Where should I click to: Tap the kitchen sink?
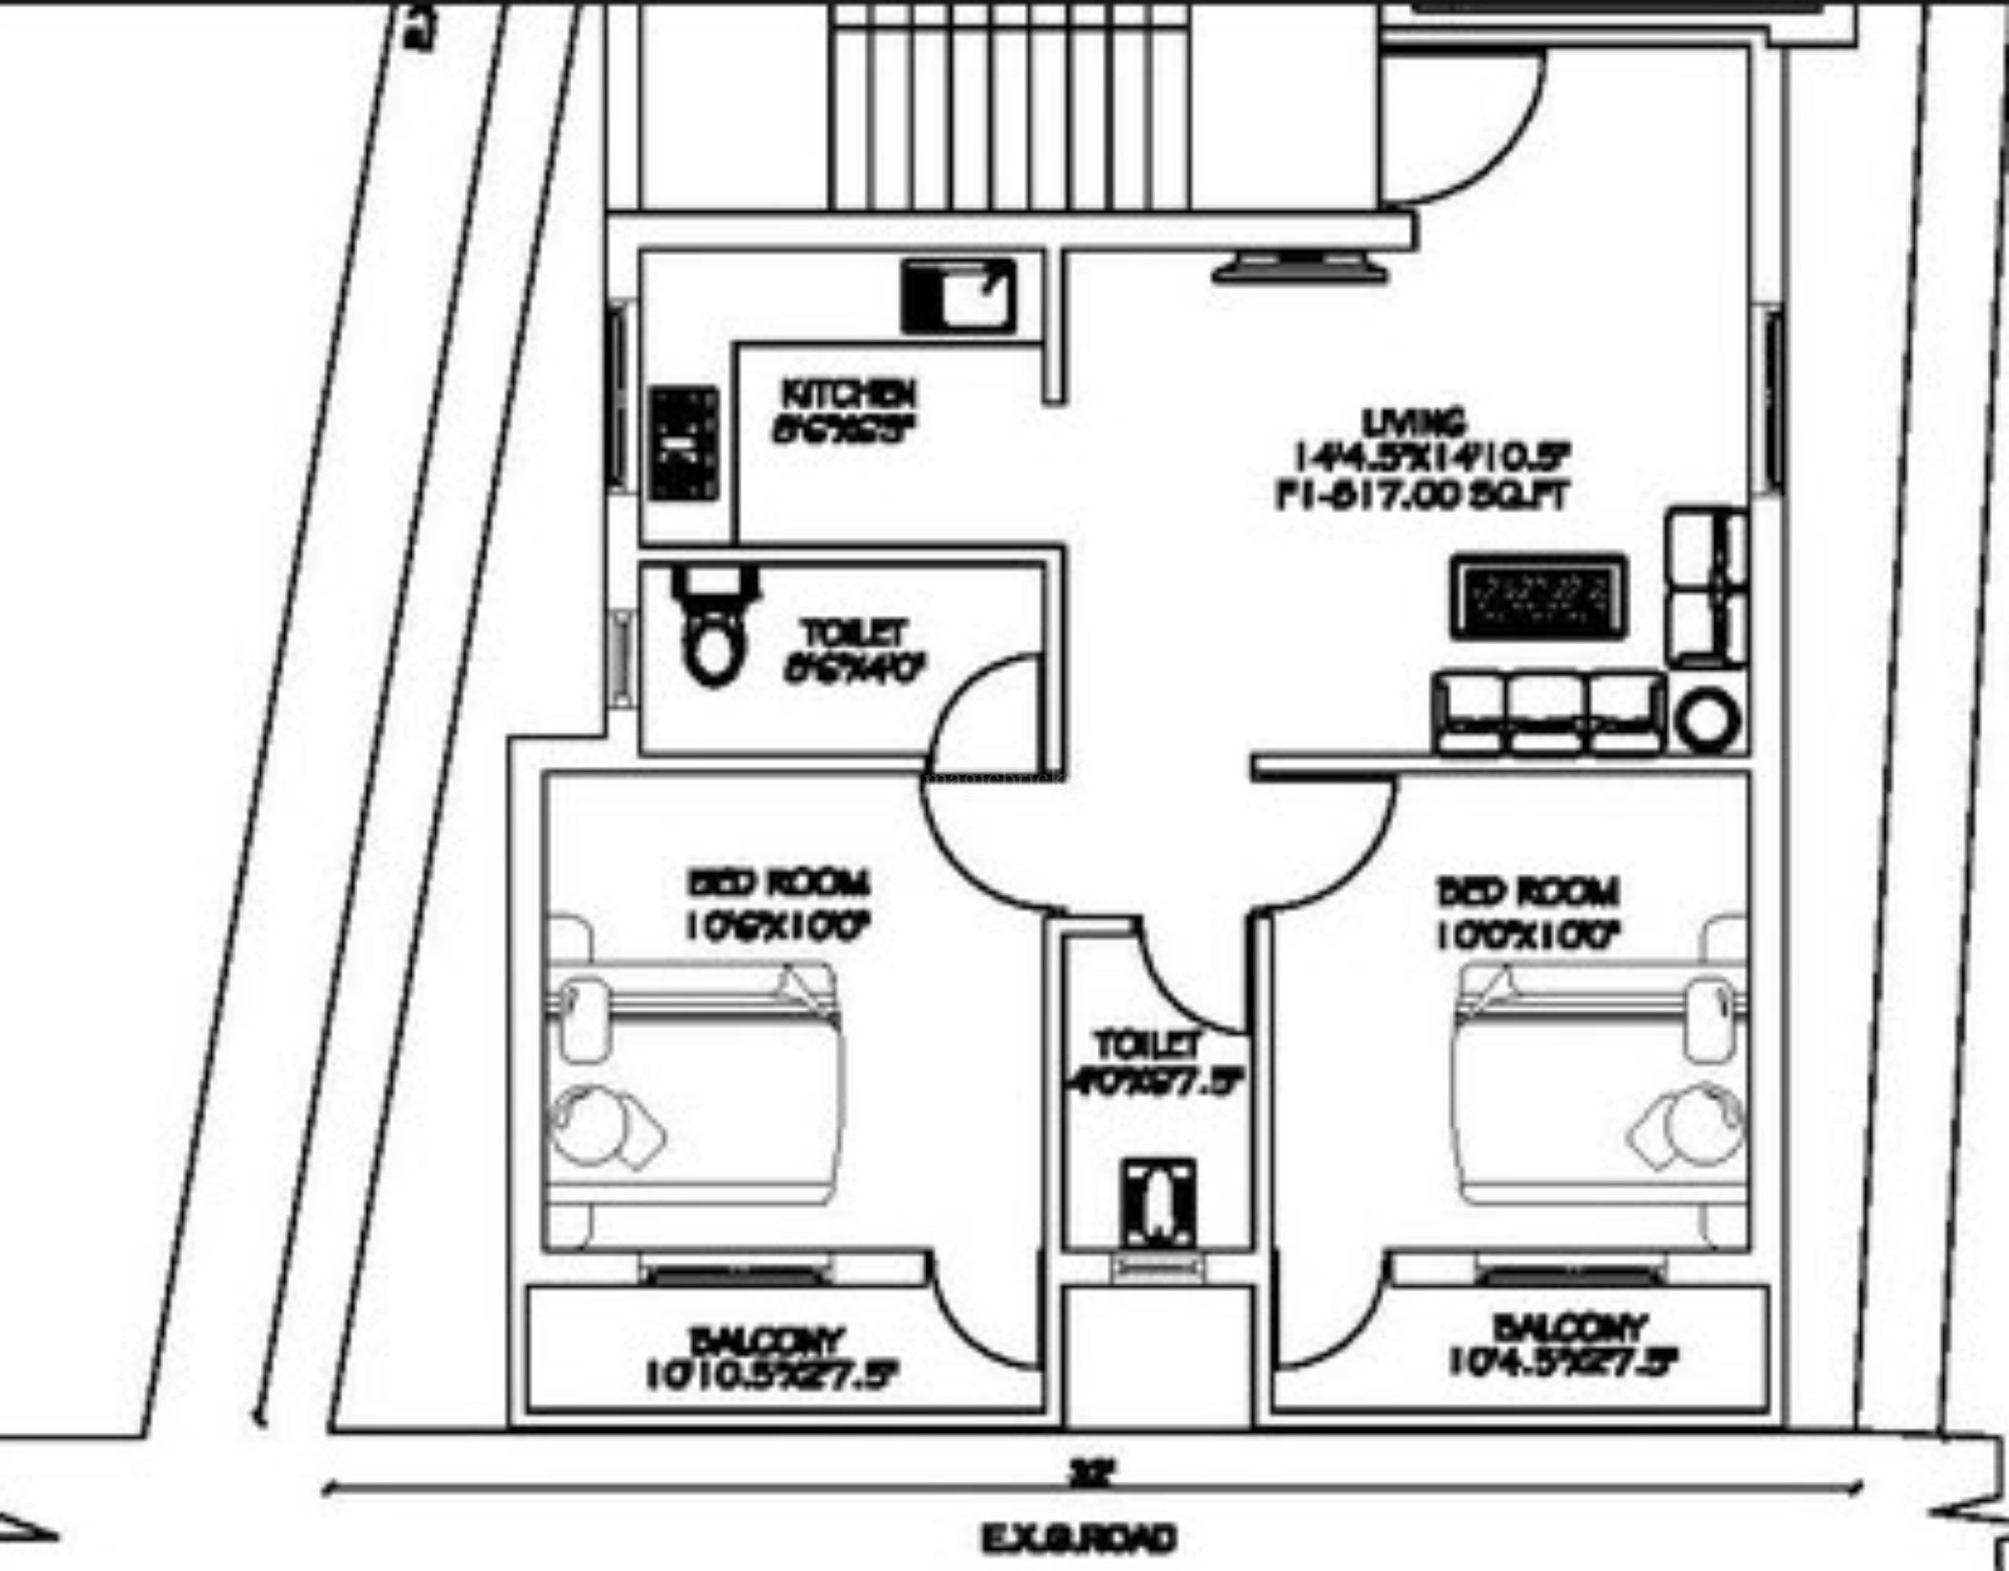(x=959, y=295)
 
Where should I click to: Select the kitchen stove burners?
(x=684, y=443)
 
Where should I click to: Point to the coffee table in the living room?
(x=1538, y=596)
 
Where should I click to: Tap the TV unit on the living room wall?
(x=1299, y=270)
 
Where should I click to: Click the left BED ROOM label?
(x=778, y=884)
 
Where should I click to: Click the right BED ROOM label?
(x=1528, y=892)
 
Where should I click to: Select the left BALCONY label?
(x=766, y=1340)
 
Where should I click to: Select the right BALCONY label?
(x=1568, y=1327)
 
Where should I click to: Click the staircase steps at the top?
(x=1012, y=106)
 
